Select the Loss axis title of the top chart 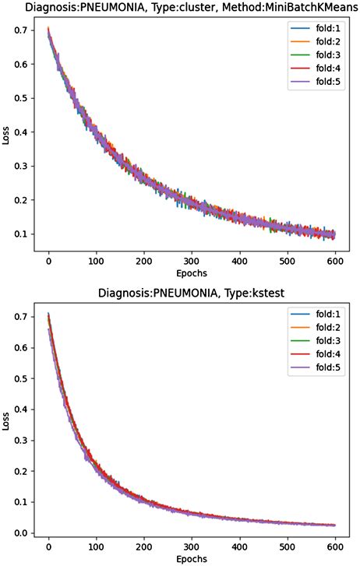[x=7, y=137]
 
